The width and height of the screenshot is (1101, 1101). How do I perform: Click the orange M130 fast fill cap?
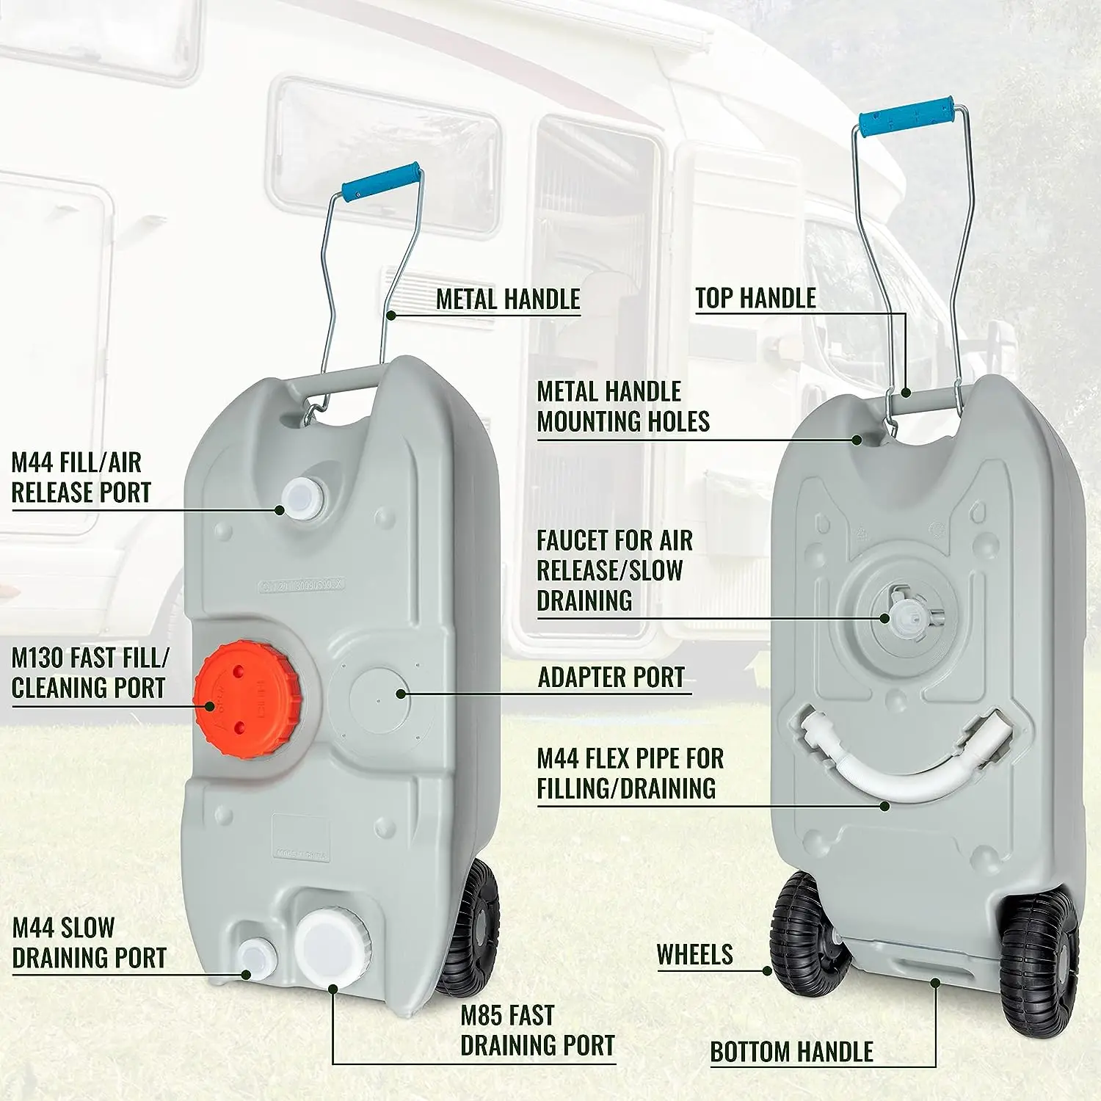point(248,699)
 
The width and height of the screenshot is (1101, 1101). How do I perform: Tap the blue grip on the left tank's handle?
point(382,181)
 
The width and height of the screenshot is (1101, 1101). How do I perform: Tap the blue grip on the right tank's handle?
point(907,117)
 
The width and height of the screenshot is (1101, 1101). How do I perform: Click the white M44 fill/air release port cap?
point(302,498)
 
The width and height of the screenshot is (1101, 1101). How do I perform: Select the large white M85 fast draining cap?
point(330,948)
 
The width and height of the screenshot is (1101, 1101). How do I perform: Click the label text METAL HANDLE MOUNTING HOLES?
point(623,407)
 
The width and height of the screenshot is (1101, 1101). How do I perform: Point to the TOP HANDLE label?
point(755,298)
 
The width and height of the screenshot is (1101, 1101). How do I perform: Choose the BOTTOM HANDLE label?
point(792,1052)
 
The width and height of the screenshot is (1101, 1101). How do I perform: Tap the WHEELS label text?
point(695,954)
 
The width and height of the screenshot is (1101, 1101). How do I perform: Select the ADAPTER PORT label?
point(611,677)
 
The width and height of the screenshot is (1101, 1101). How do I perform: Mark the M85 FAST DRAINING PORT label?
point(537,1031)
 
